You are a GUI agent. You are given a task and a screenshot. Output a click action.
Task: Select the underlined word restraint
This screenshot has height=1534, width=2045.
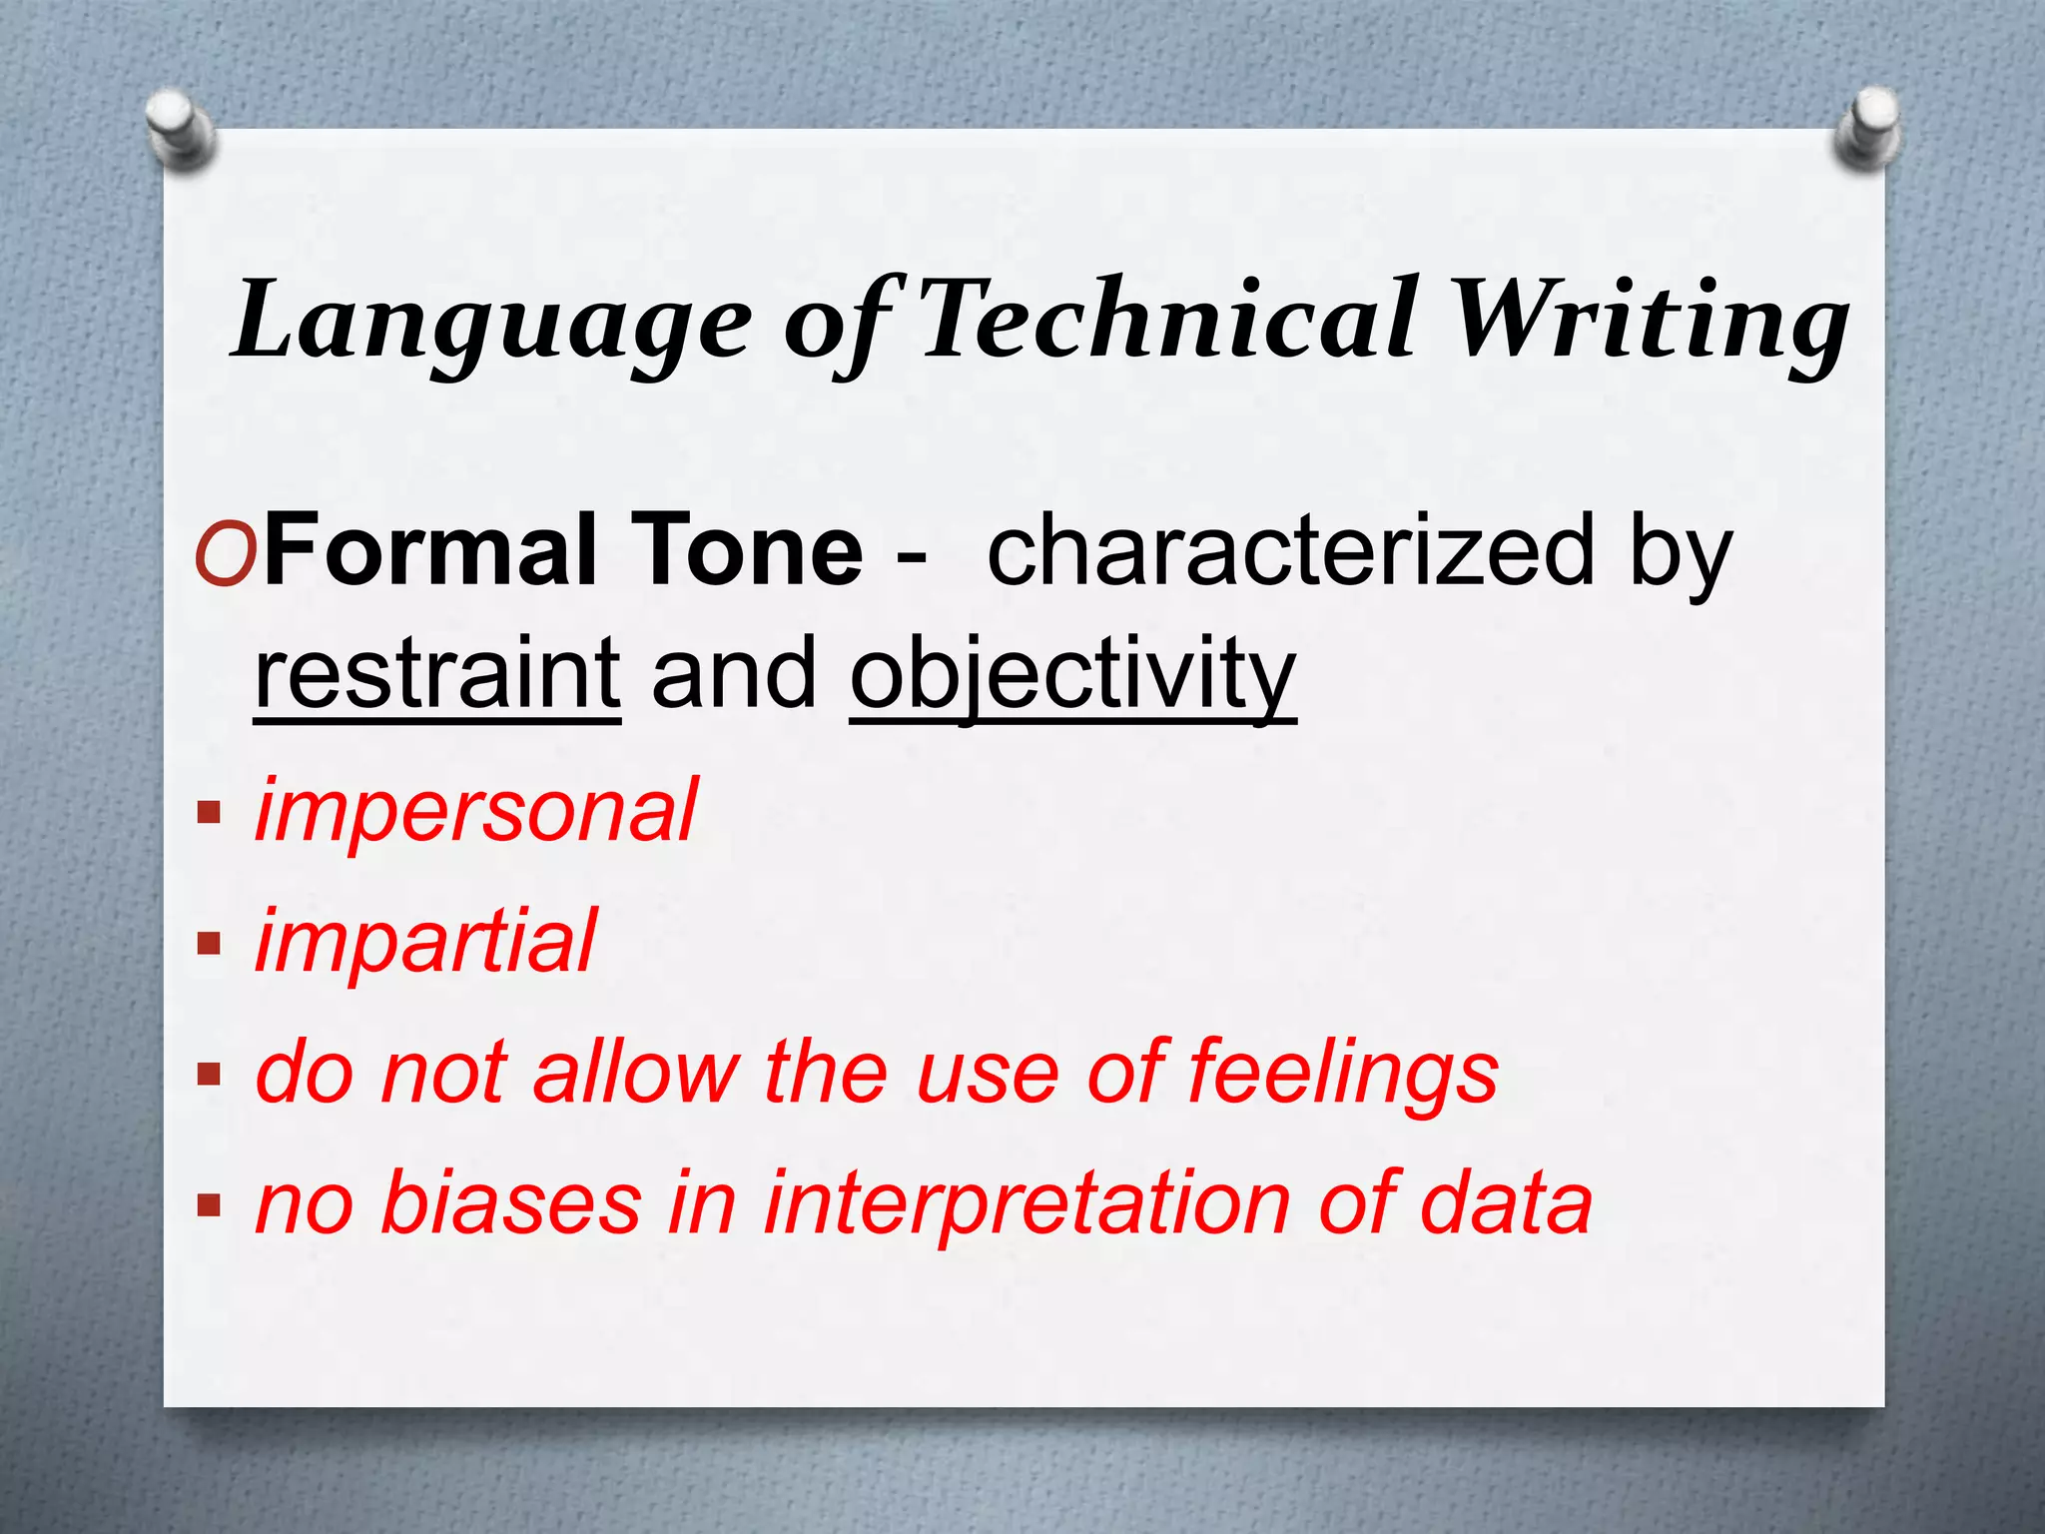coord(437,674)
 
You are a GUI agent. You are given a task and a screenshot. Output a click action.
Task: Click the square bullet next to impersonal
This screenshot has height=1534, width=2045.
coord(209,811)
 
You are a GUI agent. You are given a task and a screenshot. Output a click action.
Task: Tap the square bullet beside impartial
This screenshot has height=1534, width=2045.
coord(209,943)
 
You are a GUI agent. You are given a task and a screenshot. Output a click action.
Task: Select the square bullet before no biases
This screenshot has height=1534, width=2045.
coord(209,1204)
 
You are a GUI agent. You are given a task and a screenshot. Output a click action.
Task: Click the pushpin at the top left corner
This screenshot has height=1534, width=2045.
coord(179,128)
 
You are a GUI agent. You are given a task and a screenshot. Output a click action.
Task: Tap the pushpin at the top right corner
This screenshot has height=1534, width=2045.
coord(1866,128)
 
